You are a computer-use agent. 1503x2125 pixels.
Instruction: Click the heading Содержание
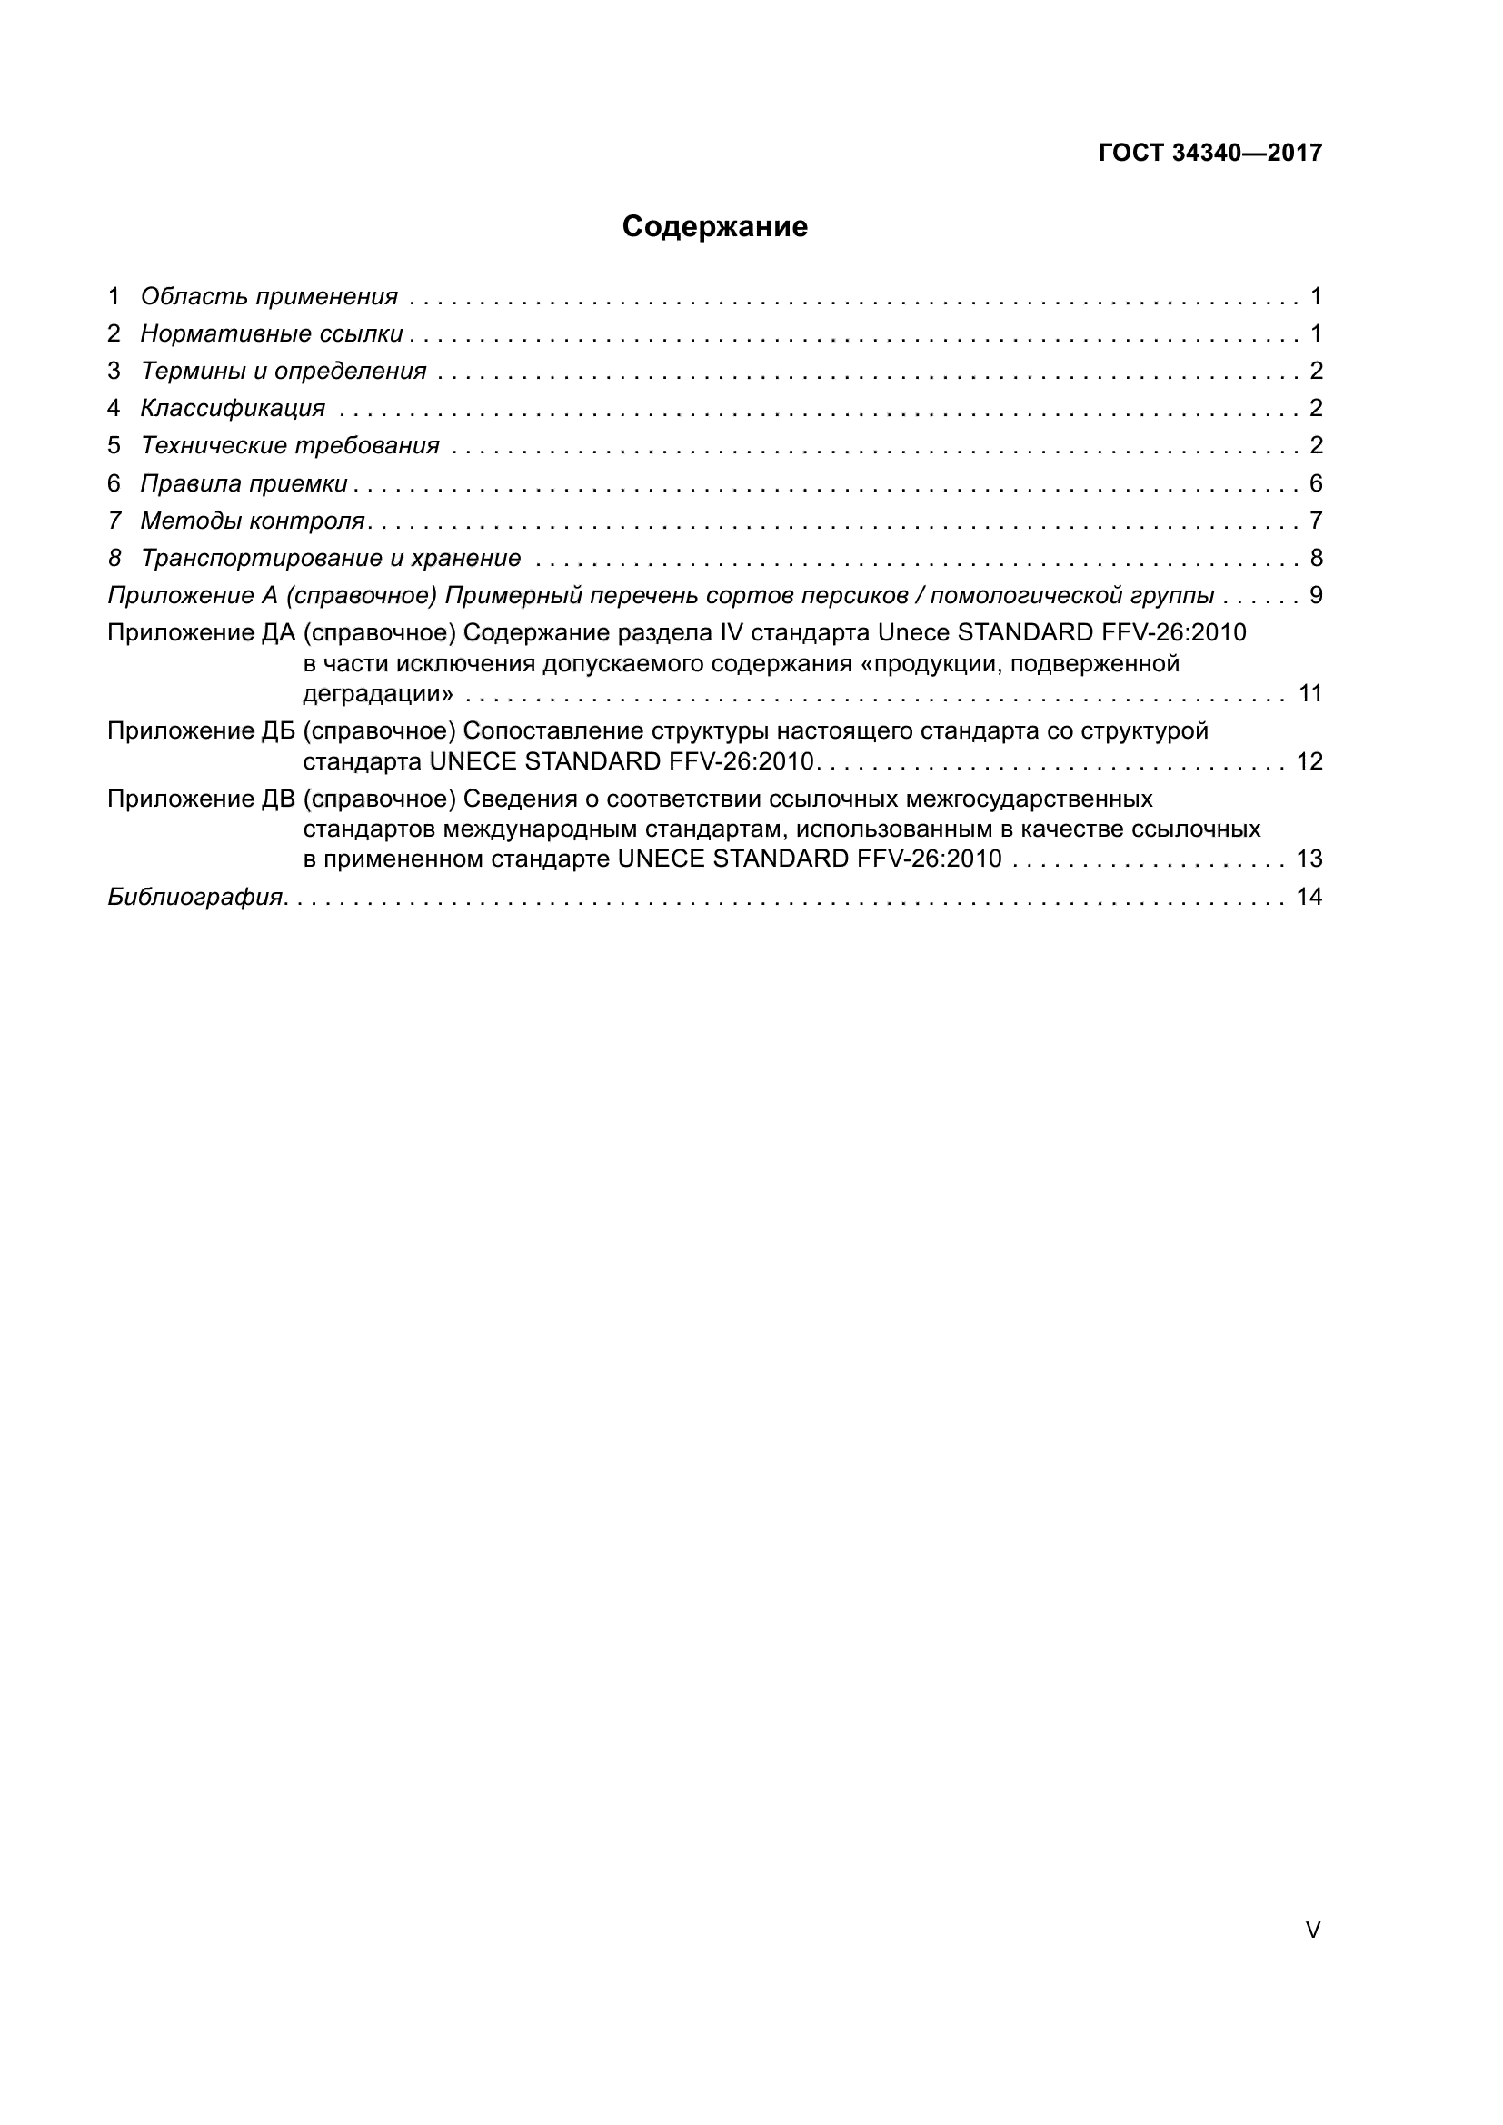pyautogui.click(x=714, y=227)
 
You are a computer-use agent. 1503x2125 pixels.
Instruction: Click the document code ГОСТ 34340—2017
pyautogui.click(x=1209, y=153)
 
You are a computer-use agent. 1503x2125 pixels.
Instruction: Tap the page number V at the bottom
pyautogui.click(x=1312, y=1931)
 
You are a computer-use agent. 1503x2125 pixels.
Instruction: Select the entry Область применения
pyautogui.click(x=268, y=296)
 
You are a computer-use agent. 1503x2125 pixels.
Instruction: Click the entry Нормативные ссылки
pyautogui.click(x=271, y=333)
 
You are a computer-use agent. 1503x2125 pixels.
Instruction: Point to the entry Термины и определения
pyautogui.click(x=284, y=372)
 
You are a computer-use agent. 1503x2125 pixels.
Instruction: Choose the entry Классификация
pyautogui.click(x=233, y=408)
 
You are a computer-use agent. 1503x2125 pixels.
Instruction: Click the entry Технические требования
pyautogui.click(x=290, y=446)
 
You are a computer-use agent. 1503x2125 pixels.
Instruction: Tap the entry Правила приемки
pyautogui.click(x=244, y=483)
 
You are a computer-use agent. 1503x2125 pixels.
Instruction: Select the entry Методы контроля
pyautogui.click(x=253, y=521)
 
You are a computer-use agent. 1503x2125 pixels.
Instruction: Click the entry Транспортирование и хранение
pyautogui.click(x=331, y=558)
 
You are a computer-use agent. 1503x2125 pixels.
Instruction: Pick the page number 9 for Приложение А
pyautogui.click(x=1316, y=595)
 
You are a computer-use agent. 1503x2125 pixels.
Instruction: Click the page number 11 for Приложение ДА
pyautogui.click(x=1309, y=693)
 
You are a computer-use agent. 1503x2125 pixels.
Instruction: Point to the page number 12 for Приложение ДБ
pyautogui.click(x=1309, y=761)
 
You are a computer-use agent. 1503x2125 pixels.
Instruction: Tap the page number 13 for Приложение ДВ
pyautogui.click(x=1309, y=859)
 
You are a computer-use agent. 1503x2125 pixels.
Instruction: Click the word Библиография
pyautogui.click(x=195, y=897)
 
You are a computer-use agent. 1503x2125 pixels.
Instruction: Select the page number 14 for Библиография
pyautogui.click(x=1309, y=897)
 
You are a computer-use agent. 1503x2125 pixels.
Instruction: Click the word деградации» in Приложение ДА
pyautogui.click(x=378, y=694)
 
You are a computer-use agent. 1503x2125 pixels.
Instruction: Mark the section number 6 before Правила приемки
pyautogui.click(x=114, y=483)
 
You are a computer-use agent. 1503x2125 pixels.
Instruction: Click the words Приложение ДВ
pyautogui.click(x=201, y=799)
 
